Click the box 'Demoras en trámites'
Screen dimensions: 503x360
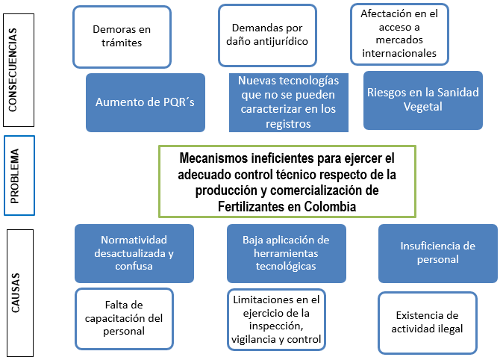click(122, 37)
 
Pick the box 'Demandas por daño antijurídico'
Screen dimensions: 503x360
click(267, 35)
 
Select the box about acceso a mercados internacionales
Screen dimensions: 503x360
click(399, 34)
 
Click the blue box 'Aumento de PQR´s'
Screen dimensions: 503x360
click(146, 102)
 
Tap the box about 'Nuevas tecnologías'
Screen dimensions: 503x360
click(288, 102)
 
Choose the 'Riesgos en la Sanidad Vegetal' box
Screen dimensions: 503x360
click(423, 100)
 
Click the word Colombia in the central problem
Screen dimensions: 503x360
click(330, 206)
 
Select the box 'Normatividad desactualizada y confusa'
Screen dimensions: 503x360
click(134, 253)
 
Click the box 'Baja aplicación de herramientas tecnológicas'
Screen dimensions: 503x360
click(286, 253)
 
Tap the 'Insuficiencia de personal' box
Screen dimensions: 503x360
click(438, 253)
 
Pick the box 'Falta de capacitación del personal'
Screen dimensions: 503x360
click(124, 319)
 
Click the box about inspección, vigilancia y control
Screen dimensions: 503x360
click(276, 320)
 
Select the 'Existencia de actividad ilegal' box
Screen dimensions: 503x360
click(428, 323)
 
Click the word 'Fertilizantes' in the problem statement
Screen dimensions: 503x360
click(259, 206)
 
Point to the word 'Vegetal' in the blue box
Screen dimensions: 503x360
click(423, 107)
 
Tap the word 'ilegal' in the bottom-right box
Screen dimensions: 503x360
click(450, 329)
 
